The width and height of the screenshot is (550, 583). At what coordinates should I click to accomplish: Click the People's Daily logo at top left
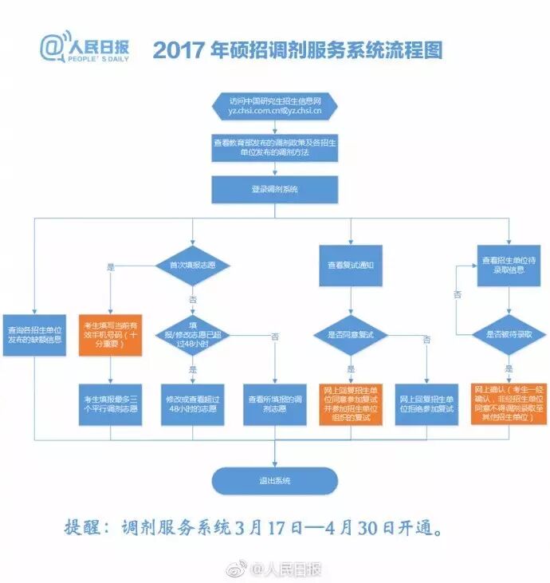(84, 49)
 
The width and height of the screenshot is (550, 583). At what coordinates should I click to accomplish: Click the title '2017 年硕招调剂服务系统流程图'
(297, 50)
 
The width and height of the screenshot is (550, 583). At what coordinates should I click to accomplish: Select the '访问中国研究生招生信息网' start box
(274, 106)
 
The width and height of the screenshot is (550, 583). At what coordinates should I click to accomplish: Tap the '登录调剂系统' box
(274, 189)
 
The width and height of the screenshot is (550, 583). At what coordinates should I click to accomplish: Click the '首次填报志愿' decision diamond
(192, 264)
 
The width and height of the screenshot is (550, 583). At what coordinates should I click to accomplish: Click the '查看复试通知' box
(351, 264)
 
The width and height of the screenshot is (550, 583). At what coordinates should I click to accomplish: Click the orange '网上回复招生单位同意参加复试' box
(351, 403)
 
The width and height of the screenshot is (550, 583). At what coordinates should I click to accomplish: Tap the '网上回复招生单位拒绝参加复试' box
(426, 403)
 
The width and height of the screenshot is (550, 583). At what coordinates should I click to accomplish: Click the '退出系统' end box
(274, 480)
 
